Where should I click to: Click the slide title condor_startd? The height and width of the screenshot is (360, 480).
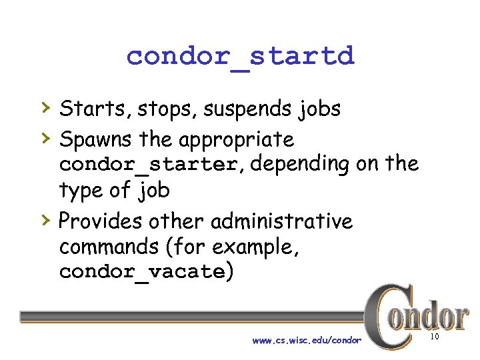click(240, 56)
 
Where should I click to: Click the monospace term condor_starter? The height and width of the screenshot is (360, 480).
click(147, 164)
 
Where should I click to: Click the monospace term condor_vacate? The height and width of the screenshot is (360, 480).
click(142, 272)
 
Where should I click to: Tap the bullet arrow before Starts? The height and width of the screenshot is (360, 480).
click(44, 107)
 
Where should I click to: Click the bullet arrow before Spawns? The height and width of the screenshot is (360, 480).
click(44, 138)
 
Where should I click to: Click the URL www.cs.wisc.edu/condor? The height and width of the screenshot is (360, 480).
click(307, 341)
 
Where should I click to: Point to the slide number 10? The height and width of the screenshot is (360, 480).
click(435, 338)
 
